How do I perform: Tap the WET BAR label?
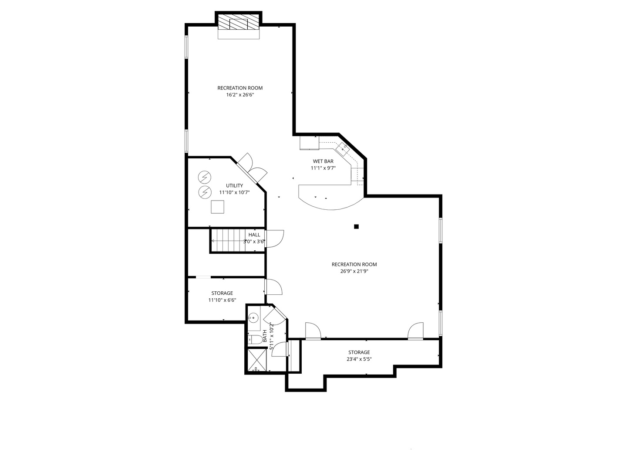click(323, 161)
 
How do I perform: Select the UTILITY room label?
click(234, 186)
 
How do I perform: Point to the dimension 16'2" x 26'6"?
click(240, 95)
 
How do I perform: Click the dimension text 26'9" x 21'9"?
click(354, 271)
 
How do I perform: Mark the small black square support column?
click(356, 226)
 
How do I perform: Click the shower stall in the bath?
click(257, 360)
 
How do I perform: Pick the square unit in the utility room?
click(217, 207)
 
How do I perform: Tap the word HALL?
click(254, 235)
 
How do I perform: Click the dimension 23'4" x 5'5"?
click(359, 359)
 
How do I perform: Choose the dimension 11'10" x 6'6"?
click(222, 300)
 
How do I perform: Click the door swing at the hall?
click(275, 239)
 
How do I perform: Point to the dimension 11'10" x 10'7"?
click(234, 192)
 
